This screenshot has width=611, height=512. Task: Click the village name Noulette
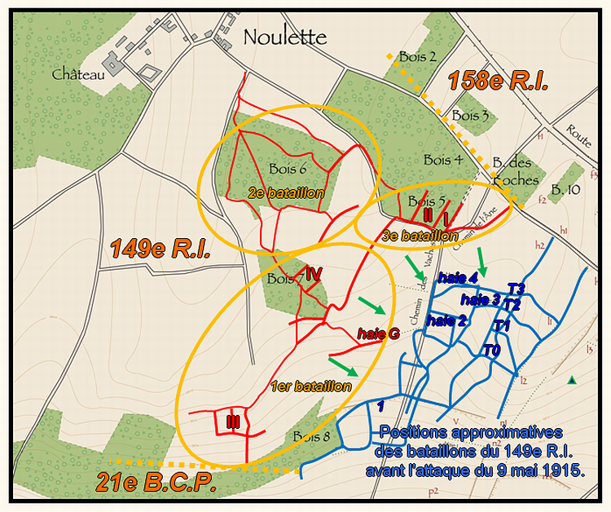point(284,38)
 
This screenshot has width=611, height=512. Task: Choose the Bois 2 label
point(418,56)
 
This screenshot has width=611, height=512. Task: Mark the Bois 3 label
point(470,116)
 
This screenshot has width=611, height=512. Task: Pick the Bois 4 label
point(443,159)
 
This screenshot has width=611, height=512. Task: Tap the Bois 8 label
point(312,435)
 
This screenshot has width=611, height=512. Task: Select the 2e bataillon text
point(287,193)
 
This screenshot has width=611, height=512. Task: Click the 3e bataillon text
point(420,236)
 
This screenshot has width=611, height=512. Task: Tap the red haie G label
point(378,333)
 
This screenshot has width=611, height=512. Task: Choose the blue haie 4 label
point(457,276)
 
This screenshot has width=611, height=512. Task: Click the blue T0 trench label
point(491,351)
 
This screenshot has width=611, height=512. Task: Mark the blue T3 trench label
point(516,289)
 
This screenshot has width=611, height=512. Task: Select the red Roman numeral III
point(233,421)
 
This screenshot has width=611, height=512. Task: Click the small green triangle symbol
point(573,380)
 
